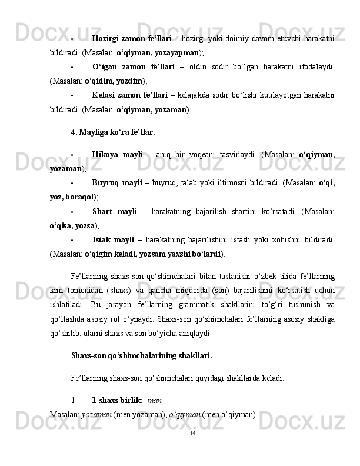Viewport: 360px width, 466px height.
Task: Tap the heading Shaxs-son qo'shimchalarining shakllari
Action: point(141,355)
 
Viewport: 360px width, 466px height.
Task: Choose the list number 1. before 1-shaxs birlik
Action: point(74,400)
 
